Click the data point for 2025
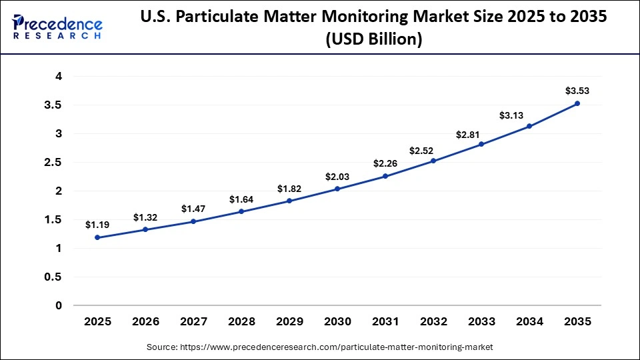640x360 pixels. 97,237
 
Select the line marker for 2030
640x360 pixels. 337,189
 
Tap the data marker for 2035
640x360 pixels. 577,103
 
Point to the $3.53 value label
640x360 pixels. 577,90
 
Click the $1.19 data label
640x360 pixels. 97,225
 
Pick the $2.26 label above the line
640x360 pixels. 385,163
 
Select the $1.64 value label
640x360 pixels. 241,199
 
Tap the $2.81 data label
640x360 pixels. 481,135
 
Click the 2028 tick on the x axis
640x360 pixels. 241,322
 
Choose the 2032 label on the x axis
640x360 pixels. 433,322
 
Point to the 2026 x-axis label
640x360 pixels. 145,322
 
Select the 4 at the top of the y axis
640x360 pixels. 59,77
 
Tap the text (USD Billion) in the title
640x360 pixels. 374,40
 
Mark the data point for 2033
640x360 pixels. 481,144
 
